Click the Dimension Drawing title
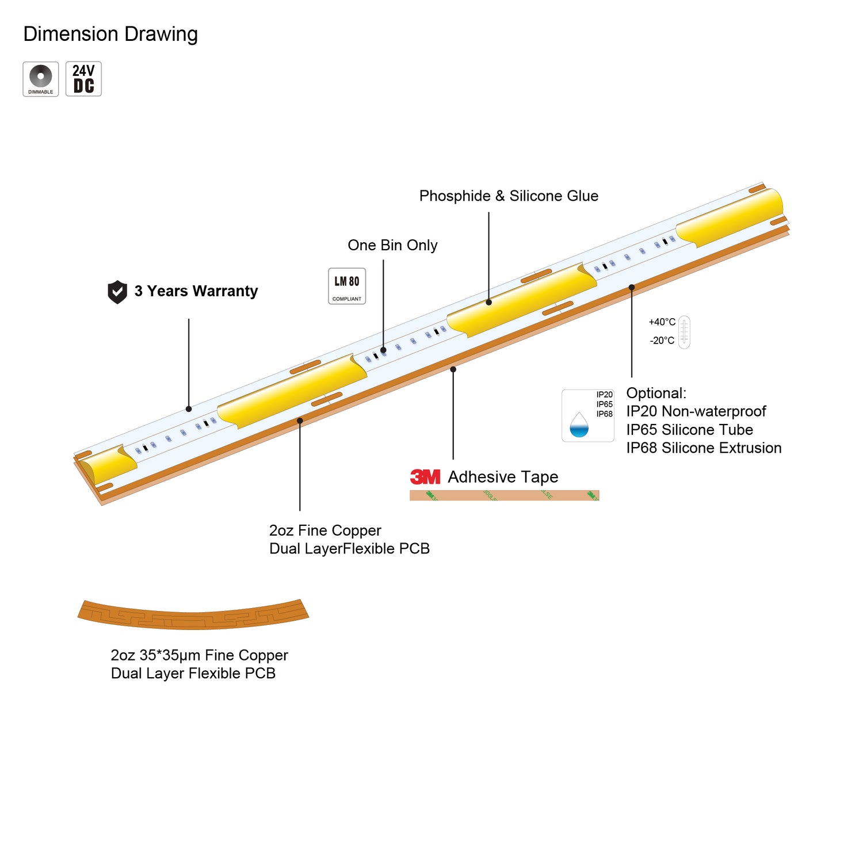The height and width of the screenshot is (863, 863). pos(110,34)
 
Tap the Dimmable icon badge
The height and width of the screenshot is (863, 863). pos(41,79)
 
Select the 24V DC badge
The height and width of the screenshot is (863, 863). pos(83,79)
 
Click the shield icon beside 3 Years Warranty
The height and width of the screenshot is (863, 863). pos(117,292)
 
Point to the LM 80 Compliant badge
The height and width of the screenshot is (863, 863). pos(347,286)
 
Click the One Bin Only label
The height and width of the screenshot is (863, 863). pos(392,245)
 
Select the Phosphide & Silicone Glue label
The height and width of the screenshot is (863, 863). pos(509,196)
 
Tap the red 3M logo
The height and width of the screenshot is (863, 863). pos(425,477)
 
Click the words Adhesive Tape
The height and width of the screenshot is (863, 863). pos(503,477)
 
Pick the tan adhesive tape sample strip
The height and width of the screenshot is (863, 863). pos(504,495)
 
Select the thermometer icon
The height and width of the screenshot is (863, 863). pos(684,332)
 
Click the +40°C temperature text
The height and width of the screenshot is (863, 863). pos(662,322)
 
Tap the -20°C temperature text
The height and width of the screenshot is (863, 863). pos(662,341)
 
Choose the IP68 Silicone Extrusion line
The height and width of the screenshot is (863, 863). pos(704,448)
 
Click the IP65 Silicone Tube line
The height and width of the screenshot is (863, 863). pos(689,430)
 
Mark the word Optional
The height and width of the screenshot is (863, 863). pos(656,394)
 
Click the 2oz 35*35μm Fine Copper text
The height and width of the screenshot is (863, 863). pos(199,655)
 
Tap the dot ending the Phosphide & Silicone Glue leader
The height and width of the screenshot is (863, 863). pos(488,302)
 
